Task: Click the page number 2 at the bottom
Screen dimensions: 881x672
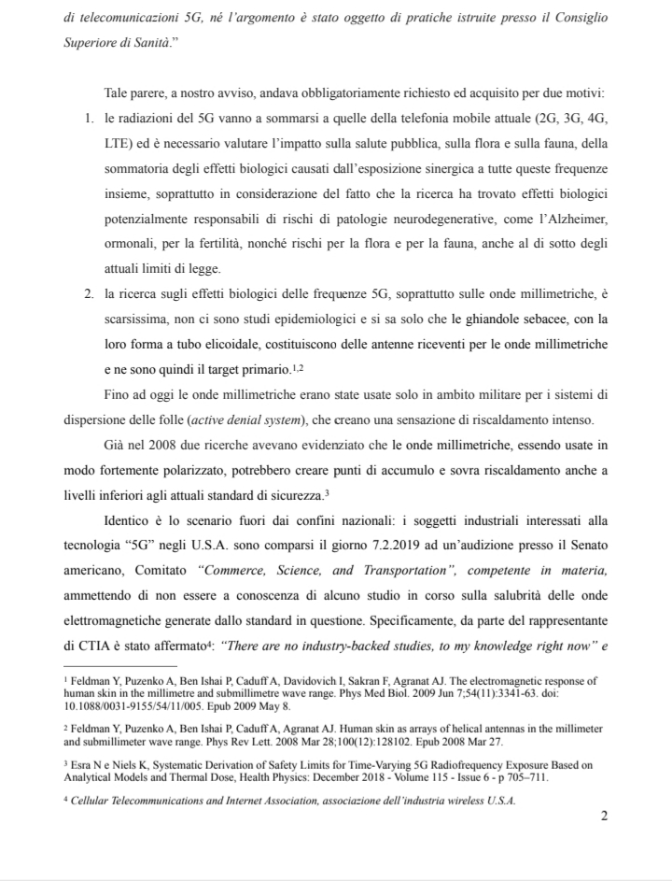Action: (x=604, y=816)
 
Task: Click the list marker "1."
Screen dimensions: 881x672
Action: (x=90, y=122)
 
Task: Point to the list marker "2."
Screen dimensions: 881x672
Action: (x=90, y=294)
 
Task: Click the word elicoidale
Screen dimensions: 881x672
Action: (x=237, y=343)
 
